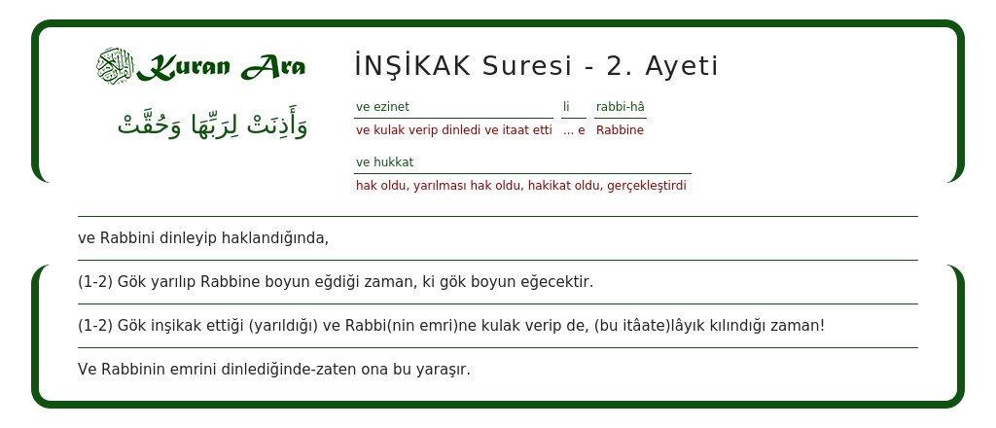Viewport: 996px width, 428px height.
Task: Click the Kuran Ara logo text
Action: (x=221, y=67)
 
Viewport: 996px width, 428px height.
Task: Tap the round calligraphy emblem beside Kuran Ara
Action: (x=114, y=66)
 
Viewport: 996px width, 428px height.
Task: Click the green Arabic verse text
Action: (x=212, y=125)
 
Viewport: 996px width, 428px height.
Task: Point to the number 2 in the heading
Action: (x=615, y=66)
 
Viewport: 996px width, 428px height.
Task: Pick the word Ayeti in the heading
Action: (x=682, y=66)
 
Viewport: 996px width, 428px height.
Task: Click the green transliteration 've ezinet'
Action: (x=382, y=107)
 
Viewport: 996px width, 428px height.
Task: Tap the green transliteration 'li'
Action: (x=566, y=107)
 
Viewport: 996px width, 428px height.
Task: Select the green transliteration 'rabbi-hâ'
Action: (x=621, y=107)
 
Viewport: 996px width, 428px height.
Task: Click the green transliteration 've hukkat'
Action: (x=384, y=162)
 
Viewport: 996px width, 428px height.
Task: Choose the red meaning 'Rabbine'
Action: (x=620, y=130)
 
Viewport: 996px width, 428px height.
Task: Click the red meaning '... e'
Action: (x=574, y=130)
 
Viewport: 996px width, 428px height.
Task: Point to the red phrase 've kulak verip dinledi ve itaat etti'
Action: (x=453, y=130)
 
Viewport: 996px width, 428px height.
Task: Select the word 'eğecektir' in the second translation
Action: (x=557, y=282)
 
